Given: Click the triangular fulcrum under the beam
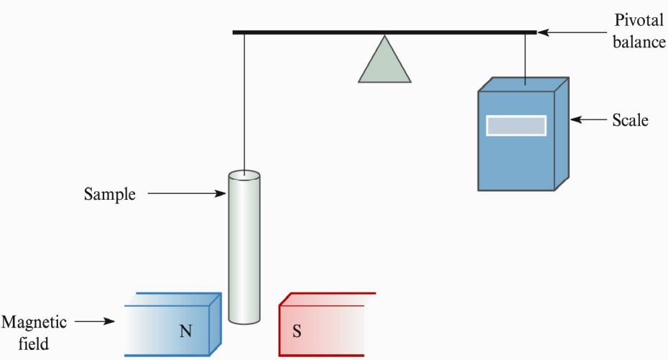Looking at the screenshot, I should (385, 64).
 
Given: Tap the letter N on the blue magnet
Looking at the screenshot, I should (186, 331).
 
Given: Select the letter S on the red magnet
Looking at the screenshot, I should (296, 331).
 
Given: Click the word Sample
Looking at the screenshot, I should (109, 194).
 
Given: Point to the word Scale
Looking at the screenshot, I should (630, 120).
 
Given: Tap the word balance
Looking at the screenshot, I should (639, 42).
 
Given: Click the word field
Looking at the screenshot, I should (34, 343).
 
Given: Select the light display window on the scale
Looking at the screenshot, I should (516, 125).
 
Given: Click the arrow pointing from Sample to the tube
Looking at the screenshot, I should (187, 193).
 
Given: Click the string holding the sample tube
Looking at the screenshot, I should (244, 101).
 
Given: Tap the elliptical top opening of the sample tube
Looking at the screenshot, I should (244, 175).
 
